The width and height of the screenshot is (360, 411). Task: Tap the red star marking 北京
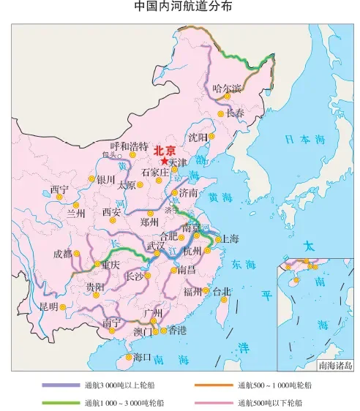coord(164,161)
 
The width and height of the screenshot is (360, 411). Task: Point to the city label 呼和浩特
coord(129,146)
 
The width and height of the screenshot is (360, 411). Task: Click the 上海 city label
coord(230,238)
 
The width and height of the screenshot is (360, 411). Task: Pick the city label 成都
coord(63,254)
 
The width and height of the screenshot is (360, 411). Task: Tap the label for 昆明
coord(48,306)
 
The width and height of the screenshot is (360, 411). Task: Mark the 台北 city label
coord(222,291)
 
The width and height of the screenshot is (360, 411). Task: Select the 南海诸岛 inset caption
coord(336,364)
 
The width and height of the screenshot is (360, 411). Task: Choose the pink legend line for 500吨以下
coord(213,402)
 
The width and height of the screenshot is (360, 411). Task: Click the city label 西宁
coord(60,189)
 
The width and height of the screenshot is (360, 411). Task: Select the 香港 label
coord(177,331)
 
